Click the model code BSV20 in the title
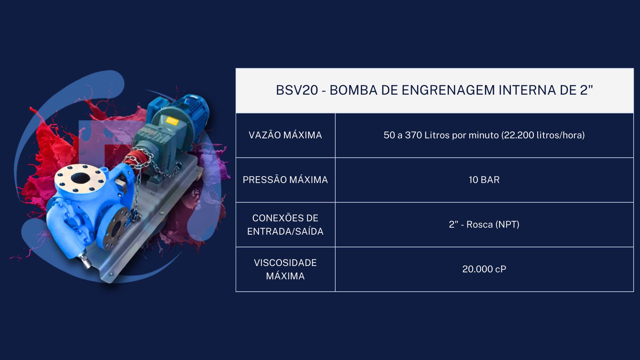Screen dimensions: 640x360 [297, 90]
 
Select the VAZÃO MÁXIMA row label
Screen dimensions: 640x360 [285, 135]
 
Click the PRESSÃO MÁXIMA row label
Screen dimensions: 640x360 [285, 180]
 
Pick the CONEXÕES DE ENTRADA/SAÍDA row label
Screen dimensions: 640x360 [285, 225]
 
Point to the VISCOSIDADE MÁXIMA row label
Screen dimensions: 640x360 [285, 269]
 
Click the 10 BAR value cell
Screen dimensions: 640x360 [484, 180]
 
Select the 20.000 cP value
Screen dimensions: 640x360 [484, 269]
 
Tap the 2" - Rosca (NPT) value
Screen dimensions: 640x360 [484, 224]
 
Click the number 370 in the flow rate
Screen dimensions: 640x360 [413, 135]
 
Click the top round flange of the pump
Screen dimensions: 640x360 [80, 178]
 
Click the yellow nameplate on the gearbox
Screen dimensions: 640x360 [172, 121]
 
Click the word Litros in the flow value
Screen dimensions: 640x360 [437, 135]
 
